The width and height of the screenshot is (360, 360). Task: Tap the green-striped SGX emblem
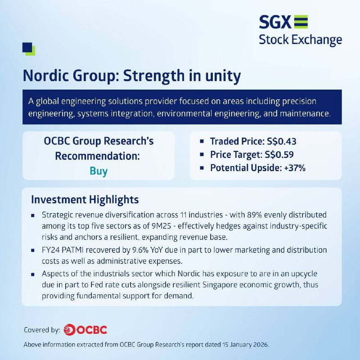[x=301, y=22]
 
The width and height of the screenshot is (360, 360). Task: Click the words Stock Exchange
[x=300, y=40]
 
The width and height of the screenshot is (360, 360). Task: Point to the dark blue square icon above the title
[x=27, y=48]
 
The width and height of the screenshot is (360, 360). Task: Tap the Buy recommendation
[x=99, y=171]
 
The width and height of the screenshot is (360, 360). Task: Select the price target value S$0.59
[x=279, y=154]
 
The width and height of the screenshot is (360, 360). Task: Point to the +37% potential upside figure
[x=295, y=168]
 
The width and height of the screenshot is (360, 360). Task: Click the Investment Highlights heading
[x=85, y=200]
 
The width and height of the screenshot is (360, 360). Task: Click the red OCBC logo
[x=85, y=330]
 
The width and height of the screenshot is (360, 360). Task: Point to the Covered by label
[x=42, y=330]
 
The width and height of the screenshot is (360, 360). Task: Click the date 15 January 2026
[x=245, y=345]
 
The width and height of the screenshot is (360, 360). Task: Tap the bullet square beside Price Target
[x=202, y=154]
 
